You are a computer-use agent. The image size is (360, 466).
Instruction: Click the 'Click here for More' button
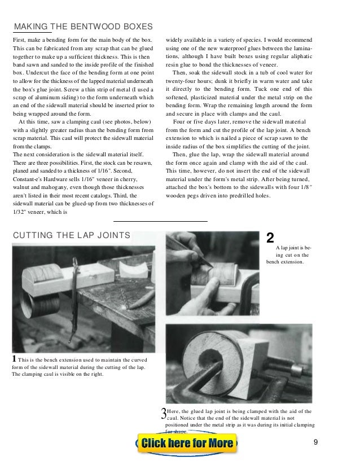pyautogui.click(x=187, y=443)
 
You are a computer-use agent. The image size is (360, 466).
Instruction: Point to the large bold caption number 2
pyautogui.click(x=270, y=238)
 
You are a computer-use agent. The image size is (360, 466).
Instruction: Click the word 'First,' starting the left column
pyautogui.click(x=21, y=41)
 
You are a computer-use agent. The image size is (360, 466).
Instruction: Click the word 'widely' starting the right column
pyautogui.click(x=175, y=41)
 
